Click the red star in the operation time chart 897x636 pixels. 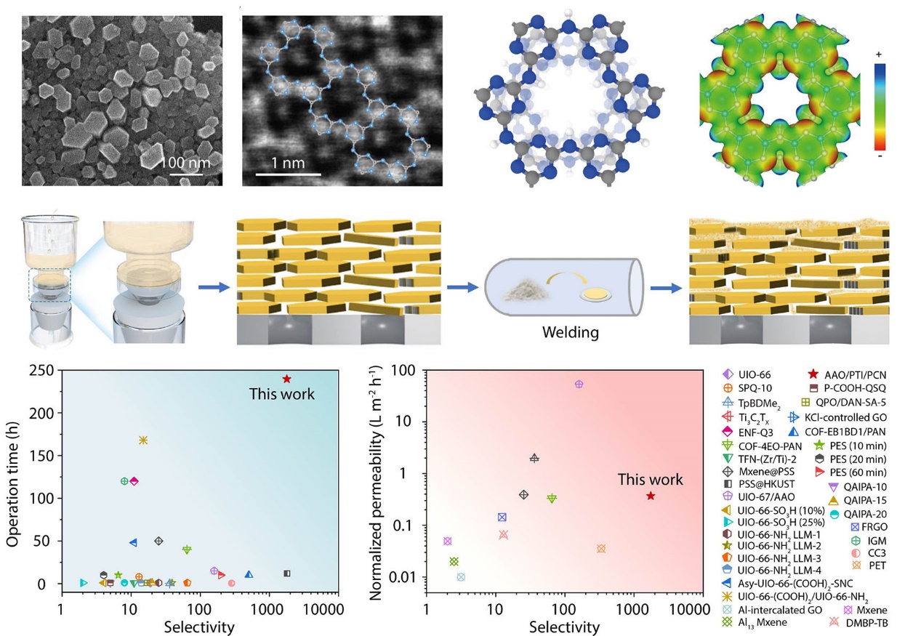[287, 379]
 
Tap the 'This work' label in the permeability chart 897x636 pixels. [650, 480]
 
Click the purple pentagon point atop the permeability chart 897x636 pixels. [579, 384]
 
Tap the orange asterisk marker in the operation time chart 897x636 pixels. [143, 440]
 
